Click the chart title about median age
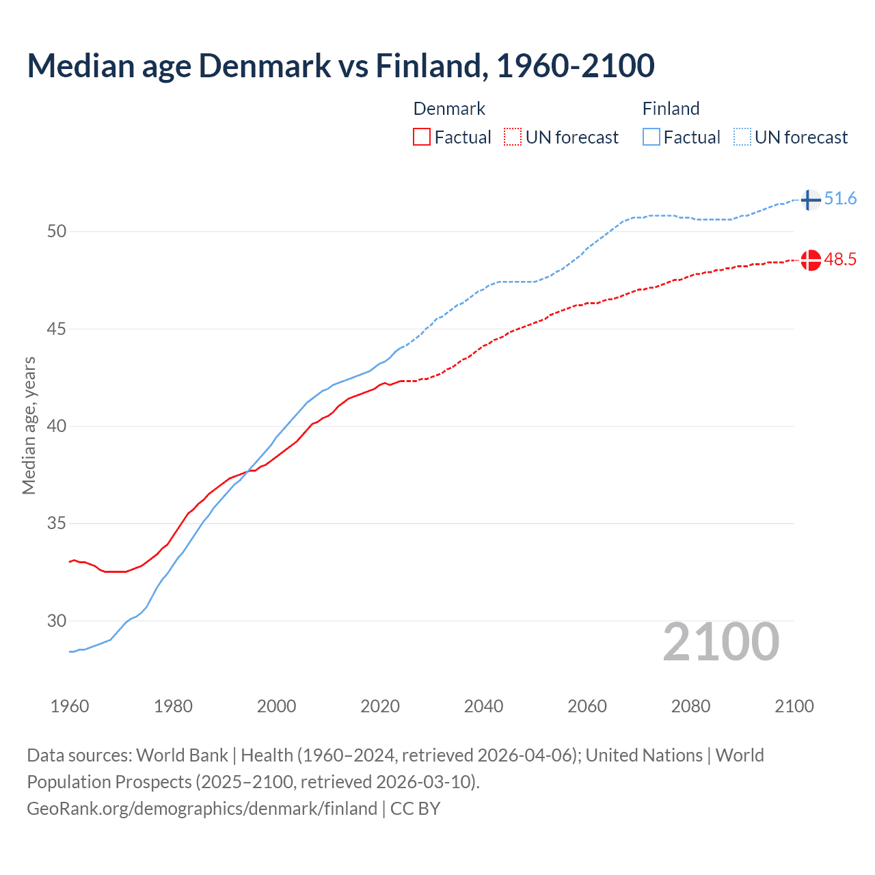340,66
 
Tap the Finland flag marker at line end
810,200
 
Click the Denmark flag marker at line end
811,260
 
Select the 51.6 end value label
840,199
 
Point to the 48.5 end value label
840,260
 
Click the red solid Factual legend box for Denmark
422,137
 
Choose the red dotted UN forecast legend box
513,137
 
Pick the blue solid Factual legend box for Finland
651,137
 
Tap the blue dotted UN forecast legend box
742,137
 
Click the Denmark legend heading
449,109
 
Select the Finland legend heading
671,109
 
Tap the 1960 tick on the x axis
70,706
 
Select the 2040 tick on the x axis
483,706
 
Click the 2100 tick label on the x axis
794,706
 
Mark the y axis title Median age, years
29,425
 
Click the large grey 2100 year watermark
721,642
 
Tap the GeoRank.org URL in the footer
202,809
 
